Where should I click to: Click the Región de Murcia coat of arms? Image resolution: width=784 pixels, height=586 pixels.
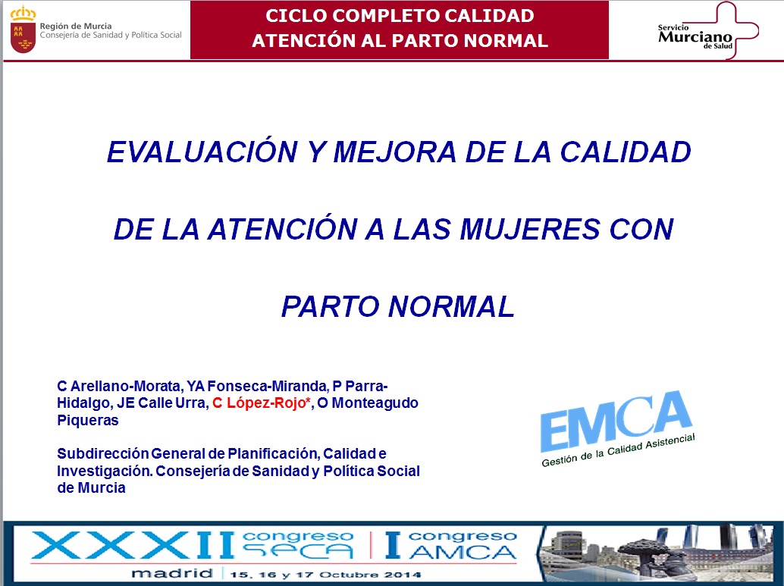click(23, 30)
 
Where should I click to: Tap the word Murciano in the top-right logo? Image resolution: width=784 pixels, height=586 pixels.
click(695, 36)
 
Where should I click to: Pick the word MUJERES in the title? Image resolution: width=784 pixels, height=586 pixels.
click(529, 229)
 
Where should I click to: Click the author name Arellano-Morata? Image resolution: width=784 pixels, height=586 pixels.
click(126, 386)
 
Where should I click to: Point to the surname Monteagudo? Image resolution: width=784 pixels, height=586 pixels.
click(375, 403)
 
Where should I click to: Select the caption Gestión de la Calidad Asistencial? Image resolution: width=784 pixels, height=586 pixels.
click(618, 450)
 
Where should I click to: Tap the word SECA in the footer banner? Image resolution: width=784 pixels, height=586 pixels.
click(298, 551)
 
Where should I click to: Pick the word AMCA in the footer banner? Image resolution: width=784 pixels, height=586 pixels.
click(463, 552)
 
